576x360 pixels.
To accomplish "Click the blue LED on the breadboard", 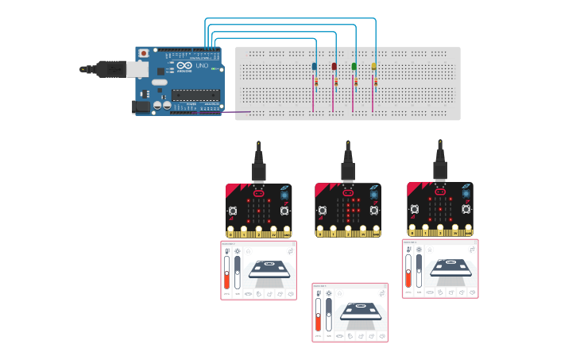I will click(315, 66).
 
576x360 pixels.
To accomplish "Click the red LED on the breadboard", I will click(334, 66).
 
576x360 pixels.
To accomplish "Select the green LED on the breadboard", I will click(354, 66).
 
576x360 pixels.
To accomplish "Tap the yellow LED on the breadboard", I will click(374, 66).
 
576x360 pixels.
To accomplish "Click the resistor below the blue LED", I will click(315, 82).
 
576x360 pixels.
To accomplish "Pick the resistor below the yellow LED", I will click(375, 82).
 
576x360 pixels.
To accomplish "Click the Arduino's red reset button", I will click(143, 53).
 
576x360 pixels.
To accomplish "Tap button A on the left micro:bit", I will click(233, 211).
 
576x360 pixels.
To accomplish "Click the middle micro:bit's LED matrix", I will click(348, 210).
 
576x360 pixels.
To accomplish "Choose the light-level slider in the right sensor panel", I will click(419, 269).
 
